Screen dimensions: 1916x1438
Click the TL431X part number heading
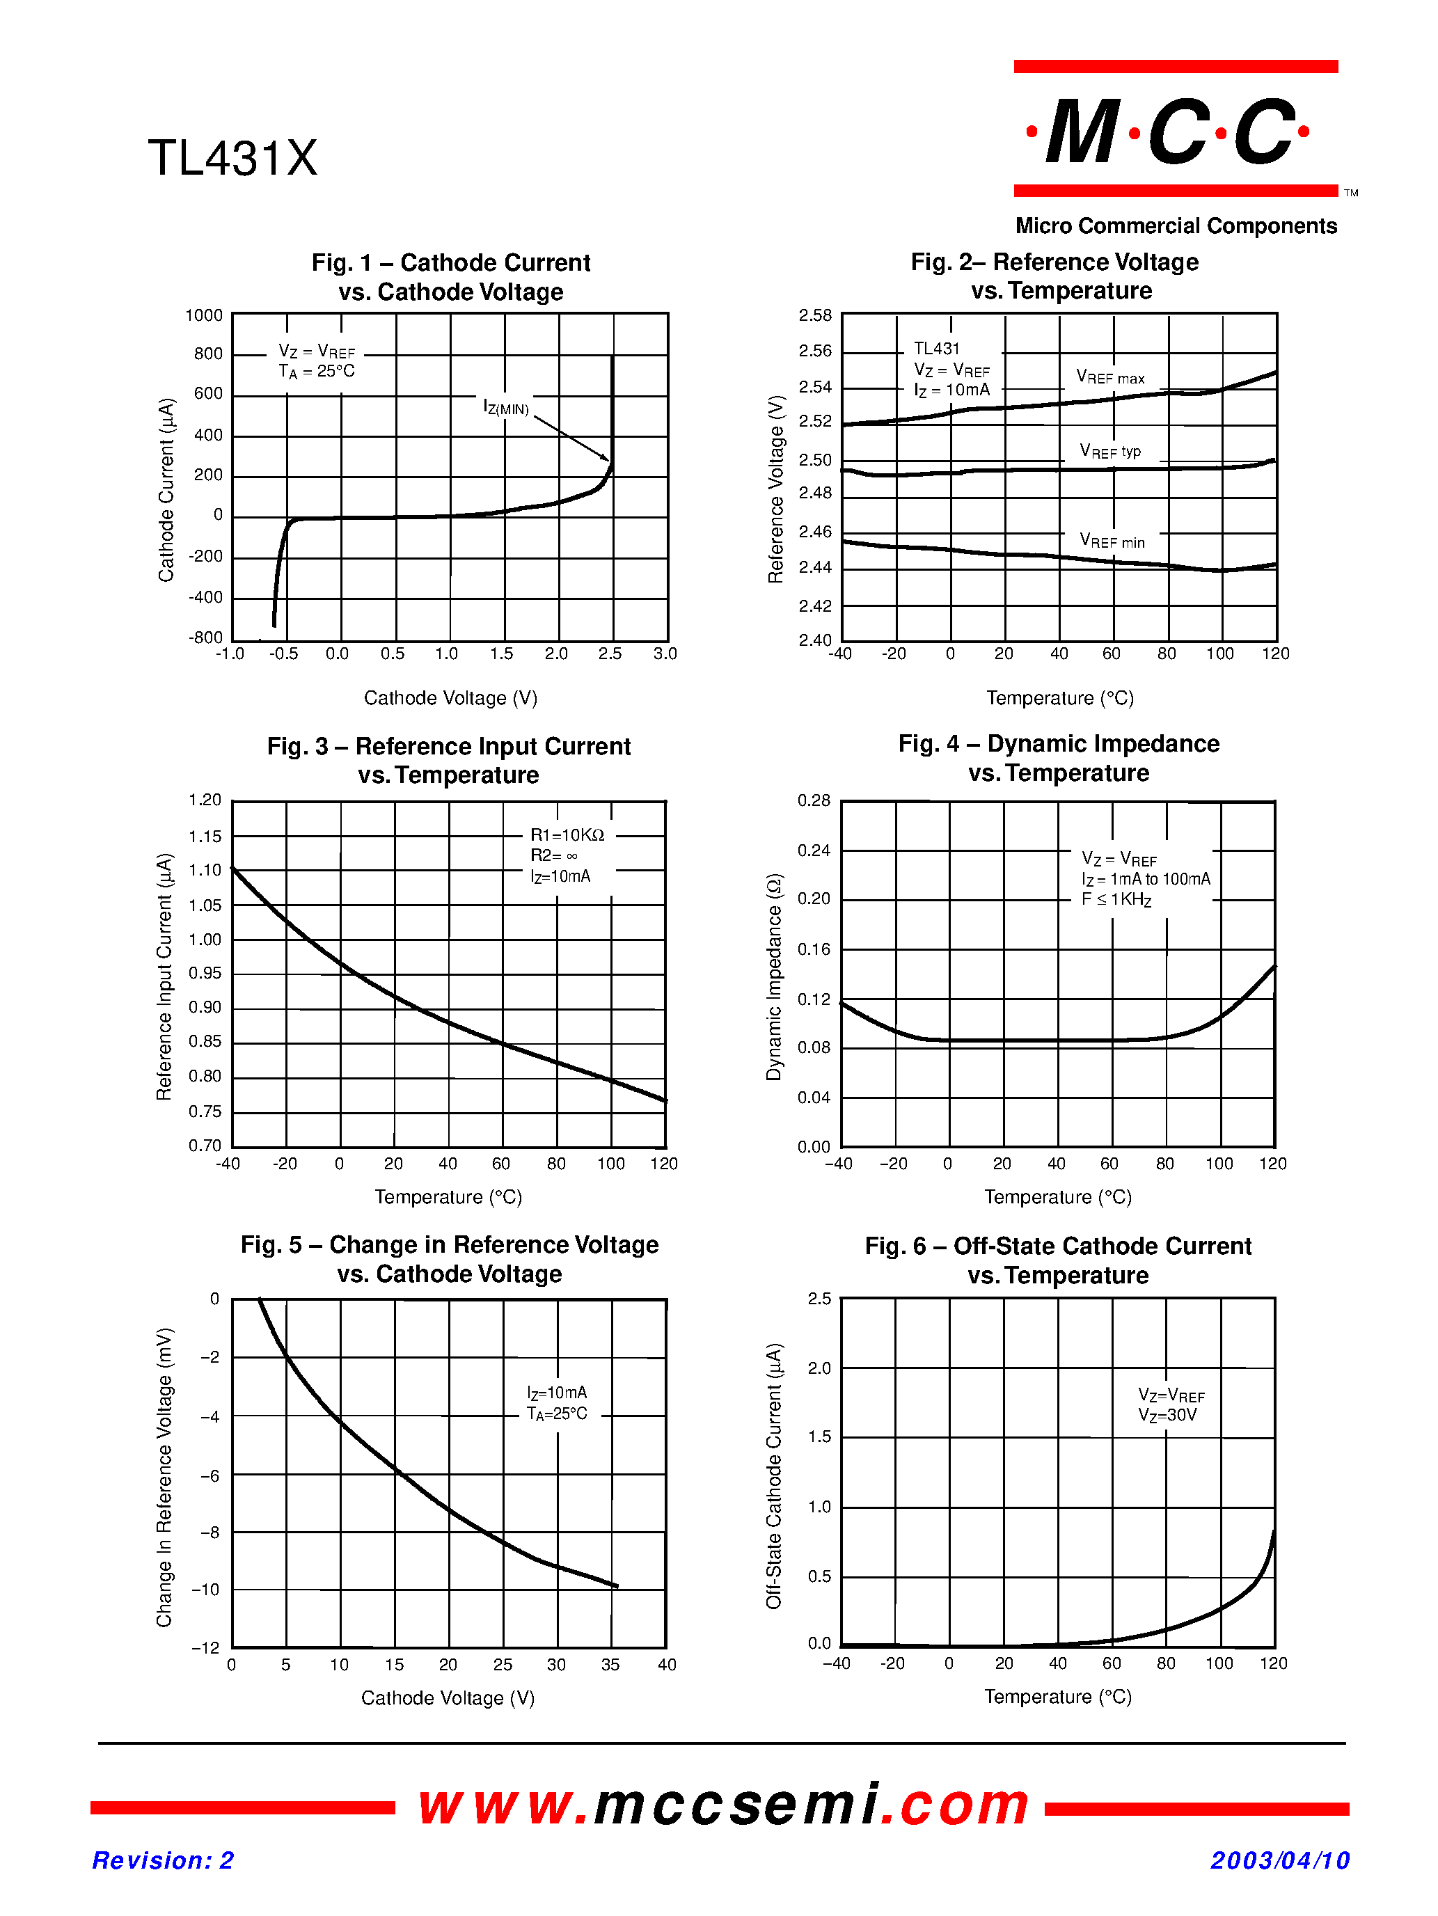click(232, 159)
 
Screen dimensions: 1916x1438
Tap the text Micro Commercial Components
click(1176, 226)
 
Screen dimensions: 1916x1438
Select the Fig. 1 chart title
click(450, 277)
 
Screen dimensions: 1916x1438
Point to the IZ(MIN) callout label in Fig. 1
click(506, 407)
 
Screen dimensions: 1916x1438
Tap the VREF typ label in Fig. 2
click(1109, 451)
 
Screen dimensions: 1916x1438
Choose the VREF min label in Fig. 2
click(1112, 541)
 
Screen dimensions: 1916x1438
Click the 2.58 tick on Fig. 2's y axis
click(814, 315)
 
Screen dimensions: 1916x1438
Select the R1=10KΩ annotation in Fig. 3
click(567, 835)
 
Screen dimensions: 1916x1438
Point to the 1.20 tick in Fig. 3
click(205, 800)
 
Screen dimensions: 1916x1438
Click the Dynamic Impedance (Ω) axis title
click(773, 977)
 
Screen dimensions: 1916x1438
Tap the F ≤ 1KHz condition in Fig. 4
click(1116, 900)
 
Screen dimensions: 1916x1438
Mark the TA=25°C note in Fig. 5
click(557, 1414)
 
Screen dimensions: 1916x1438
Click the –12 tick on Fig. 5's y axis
click(206, 1647)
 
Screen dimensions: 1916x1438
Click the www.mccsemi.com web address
click(723, 1805)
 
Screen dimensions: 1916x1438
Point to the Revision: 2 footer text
click(163, 1860)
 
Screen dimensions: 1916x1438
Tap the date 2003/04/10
click(1279, 1860)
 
